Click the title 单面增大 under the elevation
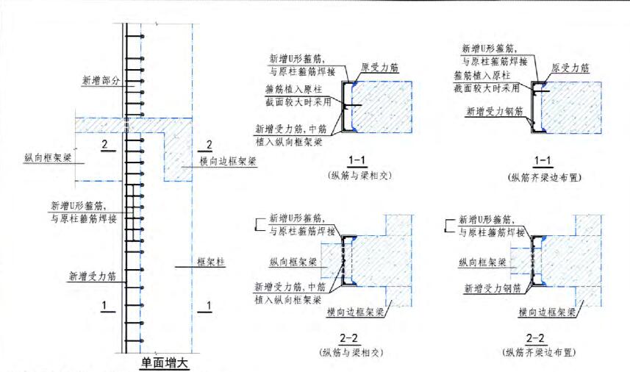165,362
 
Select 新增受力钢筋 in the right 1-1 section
495,112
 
